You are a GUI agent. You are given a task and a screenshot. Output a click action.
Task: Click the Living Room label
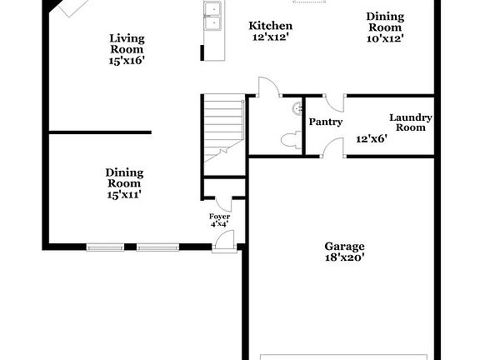127,43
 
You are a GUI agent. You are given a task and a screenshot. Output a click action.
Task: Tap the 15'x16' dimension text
127,60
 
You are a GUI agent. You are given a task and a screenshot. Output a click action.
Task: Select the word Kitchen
271,26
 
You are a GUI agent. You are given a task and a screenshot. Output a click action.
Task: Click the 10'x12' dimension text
385,38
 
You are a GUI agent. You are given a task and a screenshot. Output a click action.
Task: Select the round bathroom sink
297,107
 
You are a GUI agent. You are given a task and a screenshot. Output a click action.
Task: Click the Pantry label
325,122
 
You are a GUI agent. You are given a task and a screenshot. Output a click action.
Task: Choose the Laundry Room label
410,122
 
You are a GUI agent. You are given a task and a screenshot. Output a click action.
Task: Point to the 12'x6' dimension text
372,139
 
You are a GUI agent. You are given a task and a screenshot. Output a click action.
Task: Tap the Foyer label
219,217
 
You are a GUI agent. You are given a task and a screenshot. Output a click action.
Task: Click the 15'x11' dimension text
124,194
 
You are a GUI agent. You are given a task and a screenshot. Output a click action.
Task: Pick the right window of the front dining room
158,247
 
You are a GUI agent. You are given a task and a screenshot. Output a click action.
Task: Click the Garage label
344,247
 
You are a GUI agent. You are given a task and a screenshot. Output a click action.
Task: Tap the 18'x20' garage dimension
344,259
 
